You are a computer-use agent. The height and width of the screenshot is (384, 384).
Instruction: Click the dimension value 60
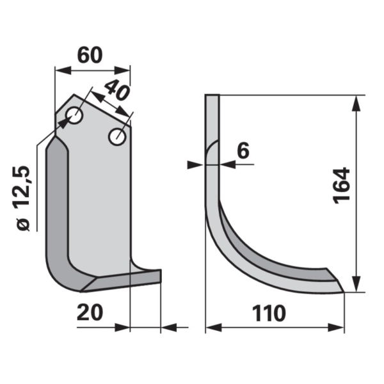(x=90, y=55)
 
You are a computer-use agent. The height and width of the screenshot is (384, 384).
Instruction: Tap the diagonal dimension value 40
(x=116, y=91)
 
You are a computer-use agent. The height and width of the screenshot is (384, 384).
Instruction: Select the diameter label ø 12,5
(x=23, y=198)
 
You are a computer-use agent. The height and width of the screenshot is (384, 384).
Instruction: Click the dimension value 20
(x=90, y=312)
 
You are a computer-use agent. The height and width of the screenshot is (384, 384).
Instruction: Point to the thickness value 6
(x=243, y=150)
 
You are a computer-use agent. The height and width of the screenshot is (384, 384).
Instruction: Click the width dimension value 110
(x=269, y=313)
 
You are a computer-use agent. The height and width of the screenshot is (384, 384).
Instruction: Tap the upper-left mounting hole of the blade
(x=74, y=115)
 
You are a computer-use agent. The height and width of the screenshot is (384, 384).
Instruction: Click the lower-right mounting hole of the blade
(x=117, y=136)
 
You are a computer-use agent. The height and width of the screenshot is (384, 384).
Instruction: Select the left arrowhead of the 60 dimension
(x=63, y=70)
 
